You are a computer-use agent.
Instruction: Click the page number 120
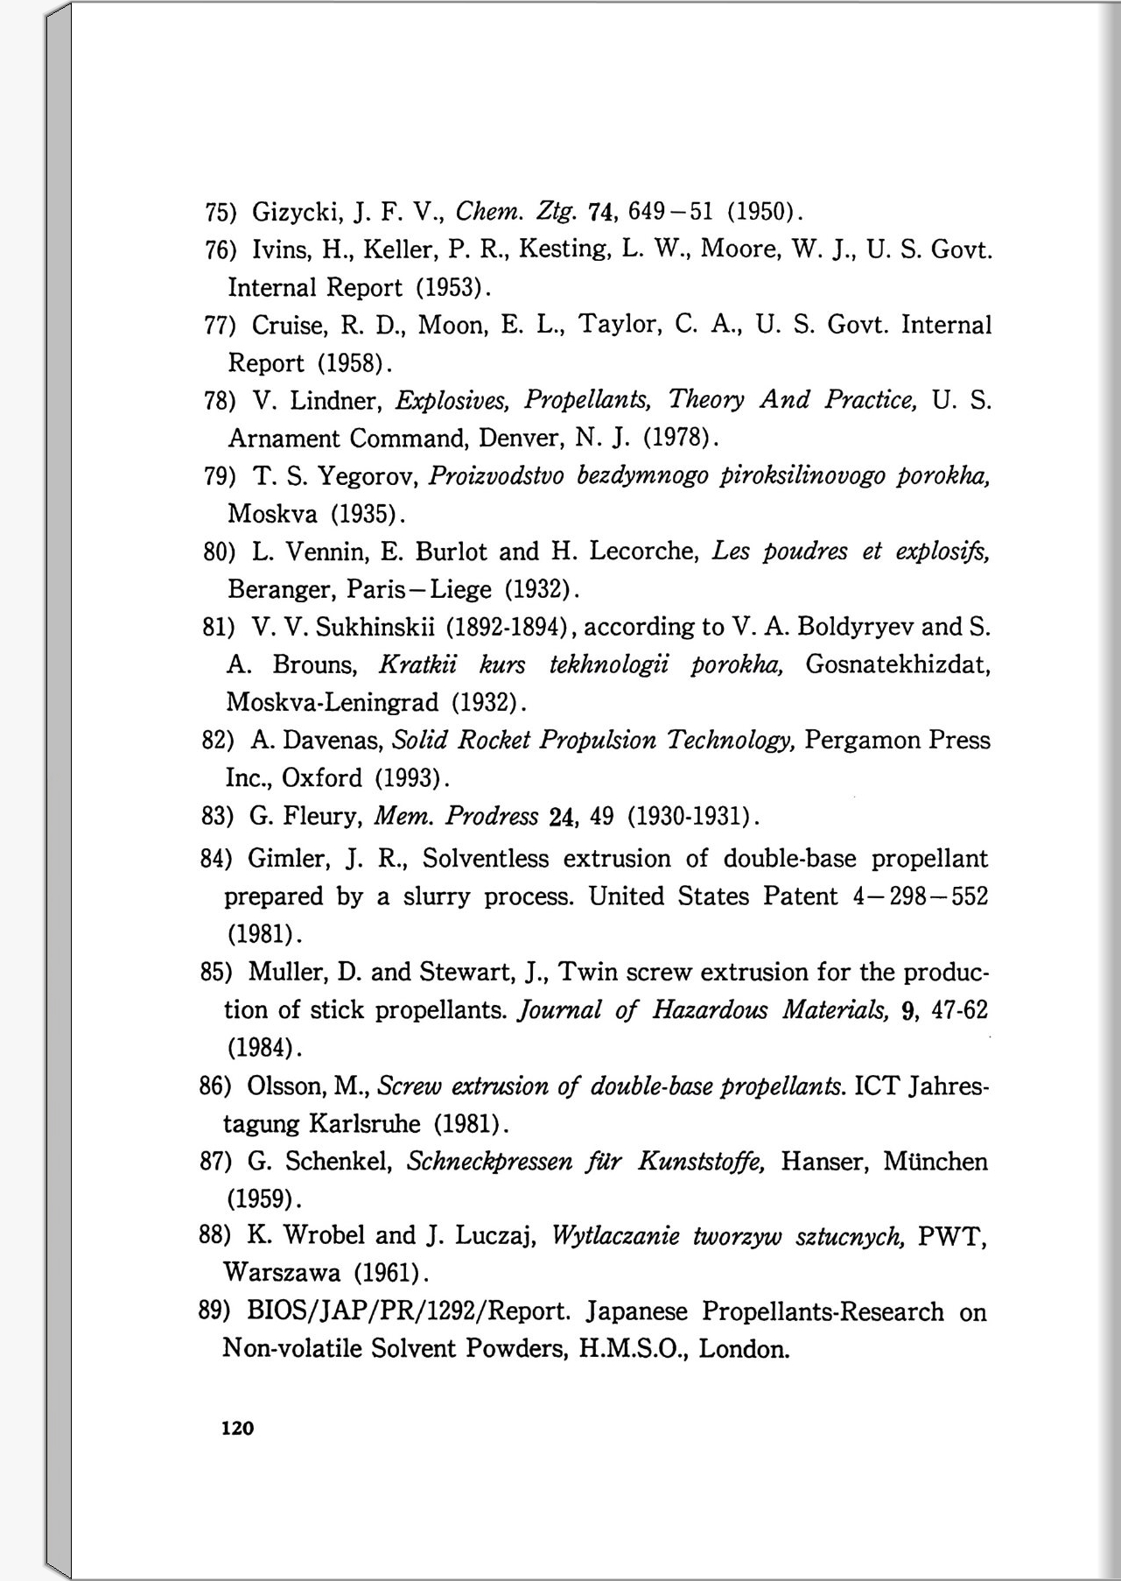pyautogui.click(x=237, y=1428)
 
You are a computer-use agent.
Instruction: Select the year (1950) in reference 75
pyautogui.click(x=760, y=212)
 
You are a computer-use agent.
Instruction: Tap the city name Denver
pyautogui.click(x=522, y=438)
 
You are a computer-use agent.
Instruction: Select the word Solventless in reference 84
pyautogui.click(x=486, y=859)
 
